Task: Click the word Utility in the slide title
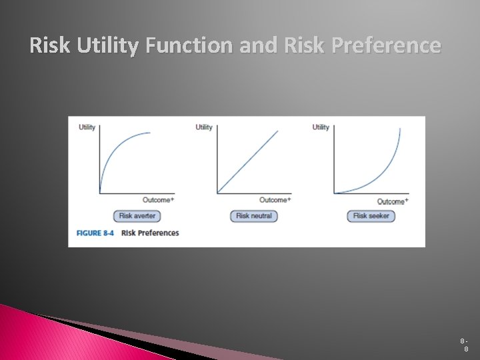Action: tap(108, 45)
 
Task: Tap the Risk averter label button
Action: tap(137, 216)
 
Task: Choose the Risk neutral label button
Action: tap(254, 216)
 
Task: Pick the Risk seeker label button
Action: tap(371, 216)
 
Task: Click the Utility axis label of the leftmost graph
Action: tap(87, 127)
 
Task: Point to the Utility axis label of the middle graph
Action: tap(204, 127)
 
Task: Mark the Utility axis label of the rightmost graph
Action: tap(321, 127)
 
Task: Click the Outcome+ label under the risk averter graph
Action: tap(158, 200)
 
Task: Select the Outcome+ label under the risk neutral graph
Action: tap(275, 200)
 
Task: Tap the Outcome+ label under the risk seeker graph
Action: tap(392, 201)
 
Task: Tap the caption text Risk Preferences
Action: tap(150, 233)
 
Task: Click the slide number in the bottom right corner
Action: tap(465, 344)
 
